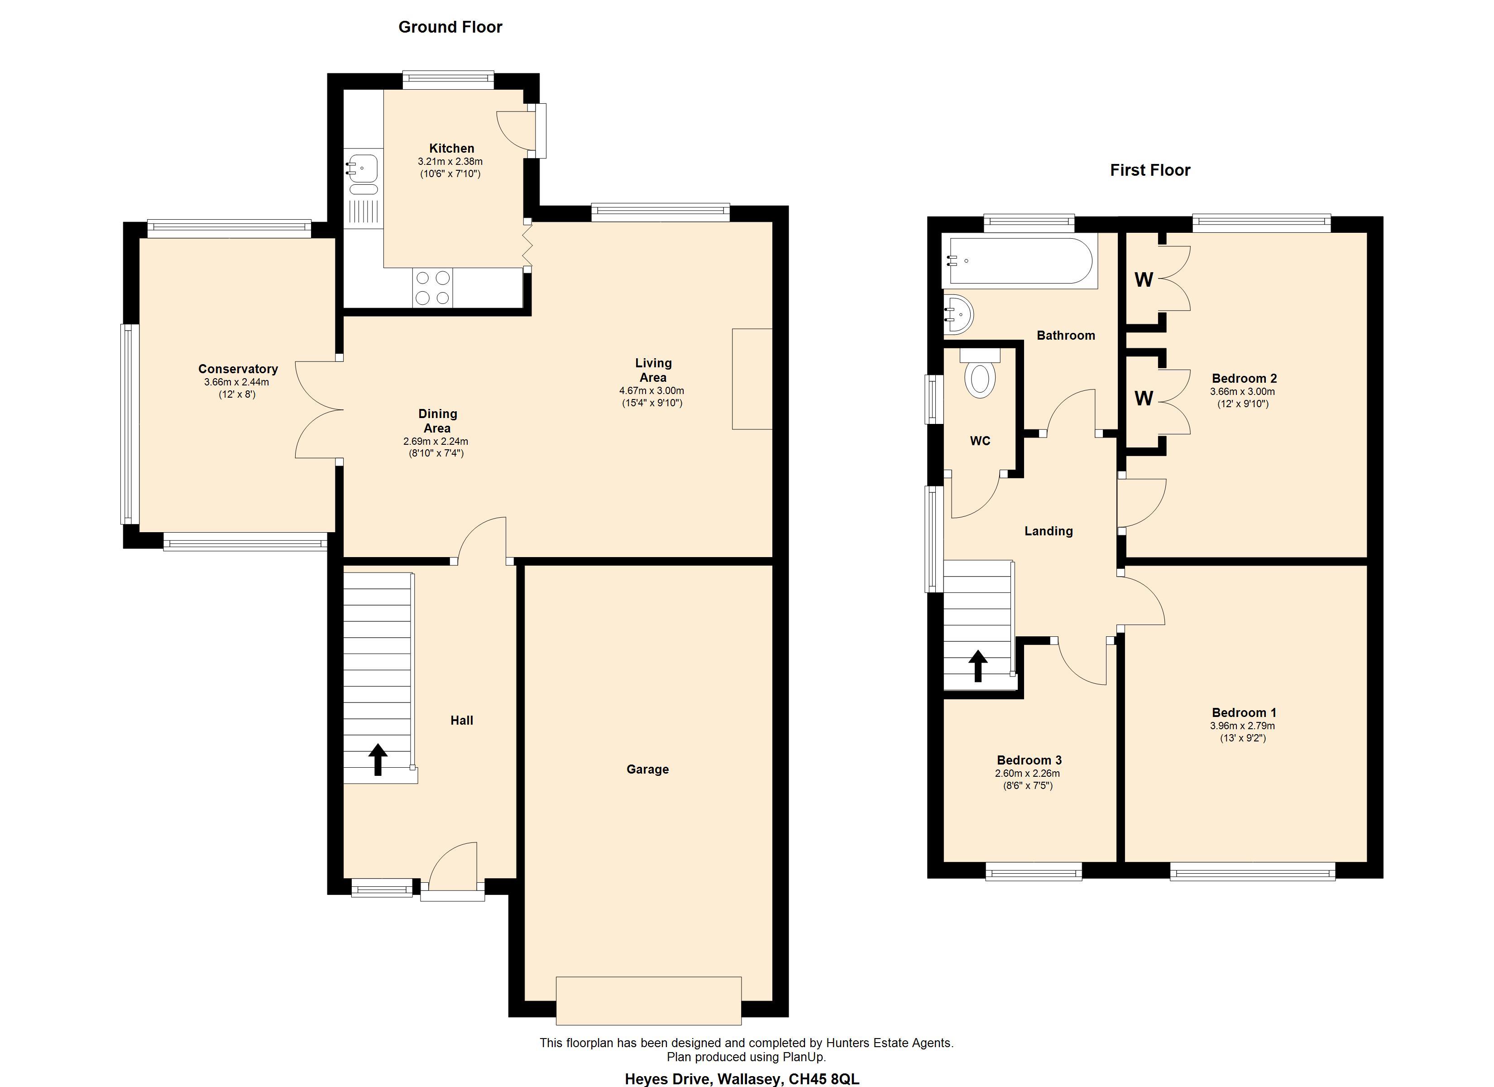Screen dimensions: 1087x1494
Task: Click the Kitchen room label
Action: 451,148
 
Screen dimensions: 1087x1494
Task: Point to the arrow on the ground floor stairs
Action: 378,760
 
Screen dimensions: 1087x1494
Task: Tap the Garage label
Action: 647,769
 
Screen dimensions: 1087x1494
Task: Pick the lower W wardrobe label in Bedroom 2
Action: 1144,398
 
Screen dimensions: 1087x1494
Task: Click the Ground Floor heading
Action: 450,27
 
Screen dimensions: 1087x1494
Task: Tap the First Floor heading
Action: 1150,170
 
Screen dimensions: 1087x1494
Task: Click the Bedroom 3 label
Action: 1029,760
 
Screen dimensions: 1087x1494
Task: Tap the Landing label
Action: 1048,531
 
